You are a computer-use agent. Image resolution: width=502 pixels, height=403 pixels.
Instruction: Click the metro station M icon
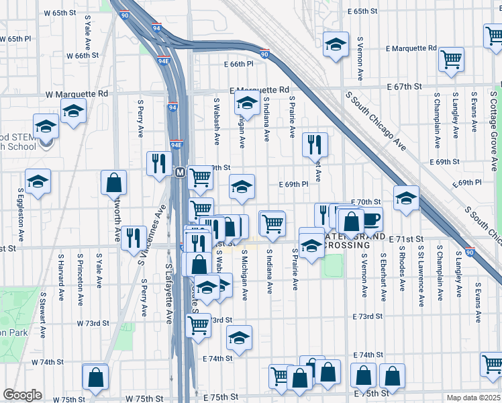click(180, 173)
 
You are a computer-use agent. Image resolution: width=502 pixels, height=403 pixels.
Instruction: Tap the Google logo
click(22, 395)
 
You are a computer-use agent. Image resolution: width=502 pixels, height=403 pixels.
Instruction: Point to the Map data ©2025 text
click(473, 398)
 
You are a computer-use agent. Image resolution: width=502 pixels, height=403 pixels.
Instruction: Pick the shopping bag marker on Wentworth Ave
click(113, 182)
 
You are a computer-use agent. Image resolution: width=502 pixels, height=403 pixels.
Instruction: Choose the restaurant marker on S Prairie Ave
click(314, 144)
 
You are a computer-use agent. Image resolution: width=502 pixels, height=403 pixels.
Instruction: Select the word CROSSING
click(346, 246)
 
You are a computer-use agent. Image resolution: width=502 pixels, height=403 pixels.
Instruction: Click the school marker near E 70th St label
click(406, 198)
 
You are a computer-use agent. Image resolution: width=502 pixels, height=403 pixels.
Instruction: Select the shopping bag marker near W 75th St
click(95, 377)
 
